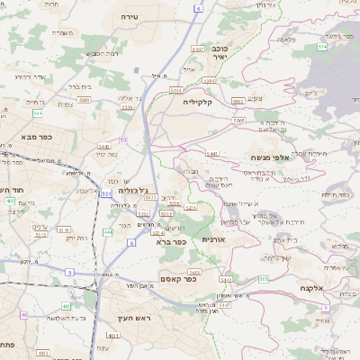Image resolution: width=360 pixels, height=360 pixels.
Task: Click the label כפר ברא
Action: tap(169, 241)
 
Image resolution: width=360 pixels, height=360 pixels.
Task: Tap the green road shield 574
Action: tap(322, 46)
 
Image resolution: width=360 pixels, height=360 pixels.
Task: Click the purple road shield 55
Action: tap(122, 139)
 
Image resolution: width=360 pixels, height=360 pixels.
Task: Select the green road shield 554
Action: tap(37, 113)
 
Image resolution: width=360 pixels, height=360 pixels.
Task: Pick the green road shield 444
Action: tap(108, 231)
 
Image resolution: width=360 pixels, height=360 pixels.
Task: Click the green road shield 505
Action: tap(264, 279)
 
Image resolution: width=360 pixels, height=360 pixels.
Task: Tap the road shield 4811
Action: tap(149, 197)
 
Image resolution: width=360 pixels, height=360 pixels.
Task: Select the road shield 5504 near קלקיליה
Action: tap(177, 91)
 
